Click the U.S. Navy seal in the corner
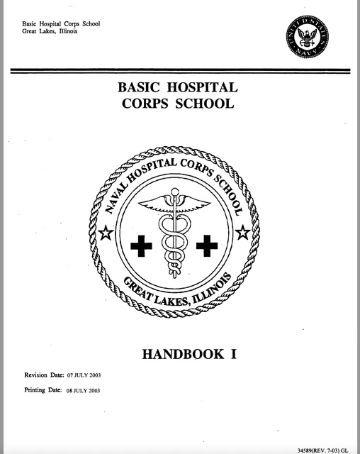point(308,36)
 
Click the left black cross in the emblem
point(142,246)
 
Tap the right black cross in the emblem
point(206,246)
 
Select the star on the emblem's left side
point(106,232)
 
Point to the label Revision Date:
point(44,373)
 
